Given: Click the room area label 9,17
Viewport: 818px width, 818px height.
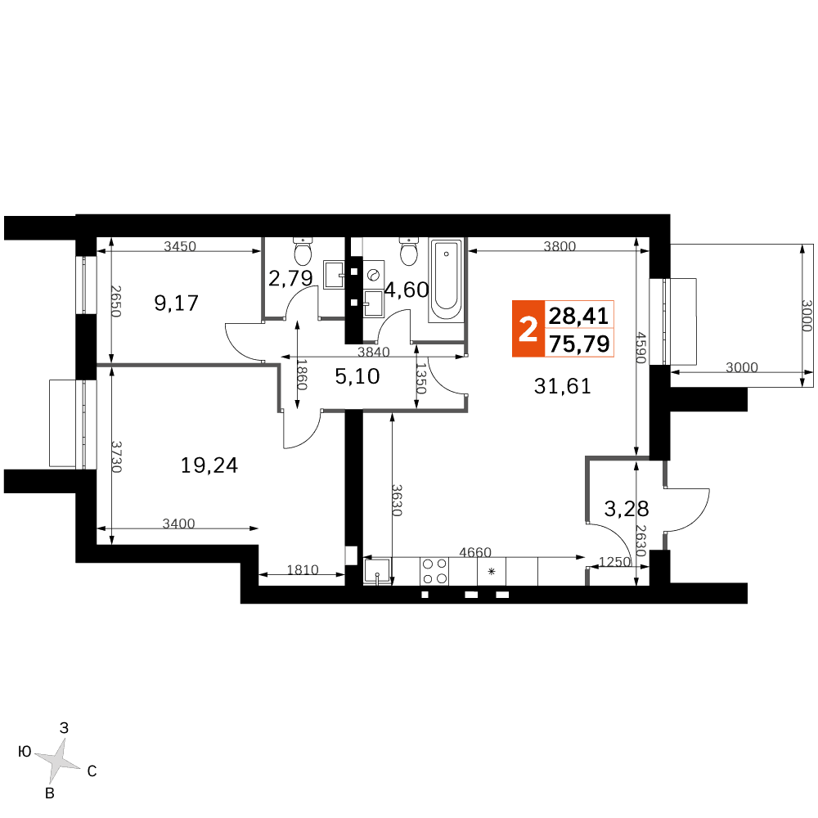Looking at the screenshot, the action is pyautogui.click(x=177, y=303).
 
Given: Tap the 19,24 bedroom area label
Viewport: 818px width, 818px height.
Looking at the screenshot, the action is pyautogui.click(x=209, y=465).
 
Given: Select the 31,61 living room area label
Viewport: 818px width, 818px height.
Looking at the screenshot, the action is pyautogui.click(x=563, y=386).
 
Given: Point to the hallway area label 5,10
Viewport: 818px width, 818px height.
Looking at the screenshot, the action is pyautogui.click(x=357, y=376).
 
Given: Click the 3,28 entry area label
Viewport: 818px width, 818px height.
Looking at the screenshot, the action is pyautogui.click(x=627, y=508).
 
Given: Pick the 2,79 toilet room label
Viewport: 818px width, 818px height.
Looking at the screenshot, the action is pyautogui.click(x=290, y=278).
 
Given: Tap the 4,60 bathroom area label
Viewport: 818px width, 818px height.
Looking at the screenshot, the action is pyautogui.click(x=407, y=290).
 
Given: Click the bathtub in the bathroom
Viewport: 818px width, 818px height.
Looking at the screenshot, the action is pyautogui.click(x=446, y=280).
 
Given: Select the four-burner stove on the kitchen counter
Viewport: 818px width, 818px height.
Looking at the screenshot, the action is pyautogui.click(x=434, y=571).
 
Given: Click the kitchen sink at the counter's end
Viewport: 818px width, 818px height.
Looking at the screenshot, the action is pyautogui.click(x=377, y=573).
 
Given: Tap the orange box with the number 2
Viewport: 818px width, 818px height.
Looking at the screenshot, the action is pyautogui.click(x=528, y=329).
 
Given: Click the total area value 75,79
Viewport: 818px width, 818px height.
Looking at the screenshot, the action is pyautogui.click(x=579, y=344).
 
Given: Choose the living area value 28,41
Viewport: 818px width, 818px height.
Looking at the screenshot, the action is pyautogui.click(x=579, y=316).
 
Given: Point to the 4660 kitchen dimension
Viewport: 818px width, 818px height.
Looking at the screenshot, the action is pyautogui.click(x=475, y=551).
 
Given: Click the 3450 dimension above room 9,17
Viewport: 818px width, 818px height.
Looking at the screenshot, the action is pyautogui.click(x=180, y=245).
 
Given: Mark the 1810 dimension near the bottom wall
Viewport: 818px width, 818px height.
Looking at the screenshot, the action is pyautogui.click(x=303, y=569).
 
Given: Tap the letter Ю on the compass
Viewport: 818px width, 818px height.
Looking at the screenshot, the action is pyautogui.click(x=25, y=751).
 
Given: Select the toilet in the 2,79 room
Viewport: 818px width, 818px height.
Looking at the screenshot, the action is pyautogui.click(x=303, y=251).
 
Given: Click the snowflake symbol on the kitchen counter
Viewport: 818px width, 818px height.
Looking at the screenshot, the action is pyautogui.click(x=492, y=571).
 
